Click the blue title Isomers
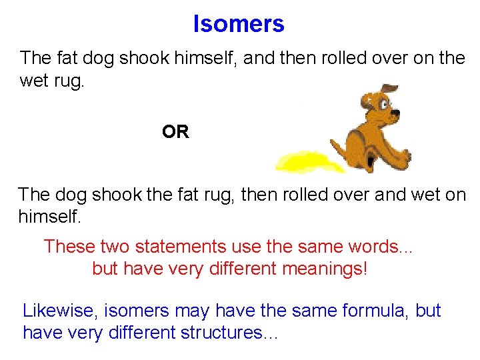(239, 24)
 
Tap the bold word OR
(175, 132)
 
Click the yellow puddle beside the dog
(304, 161)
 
